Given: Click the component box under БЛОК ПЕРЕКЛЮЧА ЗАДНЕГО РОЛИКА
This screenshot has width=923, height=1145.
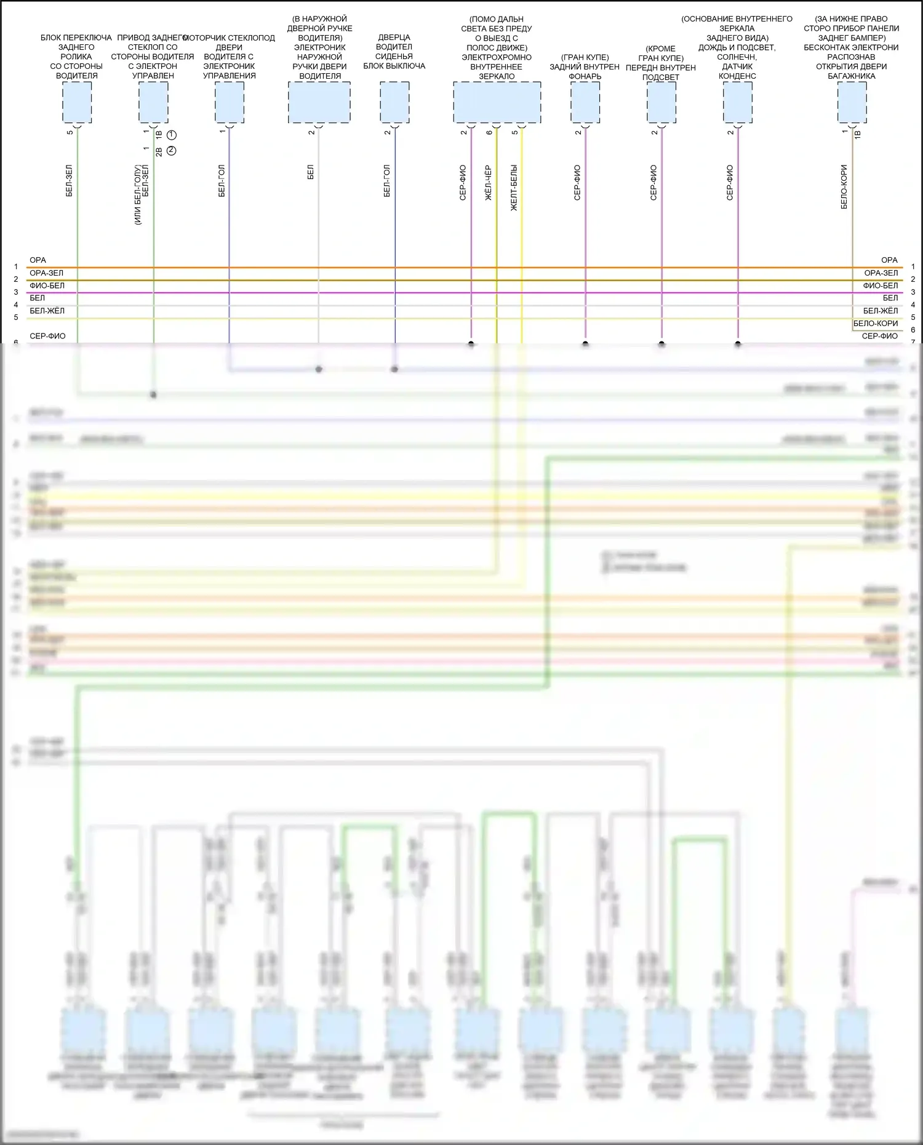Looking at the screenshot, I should (x=77, y=102).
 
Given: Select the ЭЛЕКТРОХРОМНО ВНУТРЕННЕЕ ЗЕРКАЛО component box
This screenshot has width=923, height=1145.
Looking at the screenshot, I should (x=497, y=102).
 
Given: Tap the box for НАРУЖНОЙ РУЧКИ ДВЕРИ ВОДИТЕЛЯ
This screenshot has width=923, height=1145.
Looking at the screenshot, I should (x=319, y=102).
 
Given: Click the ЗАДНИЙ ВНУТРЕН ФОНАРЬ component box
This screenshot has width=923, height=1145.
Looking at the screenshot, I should (x=585, y=102).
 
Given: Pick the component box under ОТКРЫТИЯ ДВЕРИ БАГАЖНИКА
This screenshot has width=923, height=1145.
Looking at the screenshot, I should (x=852, y=102).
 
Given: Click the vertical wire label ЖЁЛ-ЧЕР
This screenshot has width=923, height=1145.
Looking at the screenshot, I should (x=488, y=183).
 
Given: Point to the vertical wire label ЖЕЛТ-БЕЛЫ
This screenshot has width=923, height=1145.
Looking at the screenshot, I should (x=514, y=188).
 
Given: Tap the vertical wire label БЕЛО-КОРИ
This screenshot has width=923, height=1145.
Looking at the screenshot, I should (x=844, y=186).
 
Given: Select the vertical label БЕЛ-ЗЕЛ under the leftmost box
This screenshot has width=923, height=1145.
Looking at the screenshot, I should (x=69, y=180).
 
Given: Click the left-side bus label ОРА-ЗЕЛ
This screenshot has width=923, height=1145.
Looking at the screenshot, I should (x=46, y=273).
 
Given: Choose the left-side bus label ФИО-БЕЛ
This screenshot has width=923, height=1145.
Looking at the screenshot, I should (x=47, y=285).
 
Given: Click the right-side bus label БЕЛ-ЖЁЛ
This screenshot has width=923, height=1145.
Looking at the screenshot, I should (x=880, y=311).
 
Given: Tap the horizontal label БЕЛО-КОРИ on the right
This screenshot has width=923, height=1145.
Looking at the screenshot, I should (x=875, y=324).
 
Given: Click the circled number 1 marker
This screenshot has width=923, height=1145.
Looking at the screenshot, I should (x=172, y=135).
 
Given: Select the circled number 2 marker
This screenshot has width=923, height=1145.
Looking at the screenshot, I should (x=172, y=150).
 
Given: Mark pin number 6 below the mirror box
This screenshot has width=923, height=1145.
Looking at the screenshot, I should (x=489, y=132).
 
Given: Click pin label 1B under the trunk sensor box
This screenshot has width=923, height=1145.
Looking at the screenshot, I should (x=857, y=134).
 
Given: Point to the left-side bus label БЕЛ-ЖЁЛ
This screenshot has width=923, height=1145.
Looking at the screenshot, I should (x=47, y=311).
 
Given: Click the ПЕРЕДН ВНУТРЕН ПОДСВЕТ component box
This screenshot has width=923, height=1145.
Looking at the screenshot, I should (x=661, y=102).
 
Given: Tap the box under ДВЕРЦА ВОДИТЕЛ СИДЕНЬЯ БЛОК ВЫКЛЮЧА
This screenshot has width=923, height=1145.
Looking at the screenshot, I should (x=394, y=102).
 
